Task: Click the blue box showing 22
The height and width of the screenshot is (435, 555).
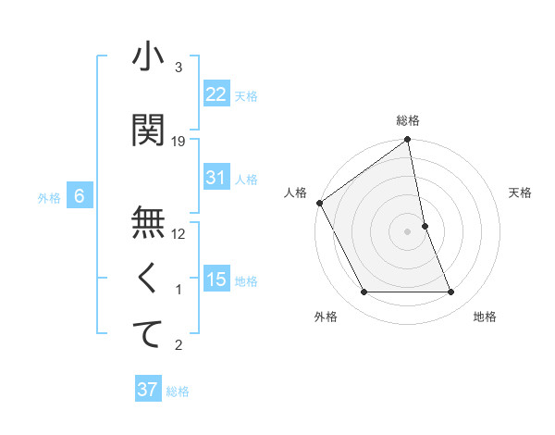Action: (x=216, y=93)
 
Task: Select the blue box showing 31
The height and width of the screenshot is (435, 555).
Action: (x=216, y=178)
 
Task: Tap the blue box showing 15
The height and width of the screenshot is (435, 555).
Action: (x=216, y=280)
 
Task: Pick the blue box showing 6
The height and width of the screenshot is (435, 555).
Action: (x=80, y=196)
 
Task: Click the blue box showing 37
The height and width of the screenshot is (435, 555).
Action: (x=147, y=390)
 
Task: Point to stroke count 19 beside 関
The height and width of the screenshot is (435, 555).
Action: (x=179, y=141)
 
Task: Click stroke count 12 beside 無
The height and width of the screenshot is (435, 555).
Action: (x=179, y=233)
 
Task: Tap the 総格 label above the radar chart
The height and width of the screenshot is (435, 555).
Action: (x=408, y=120)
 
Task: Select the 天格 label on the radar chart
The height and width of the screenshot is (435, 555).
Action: (x=520, y=193)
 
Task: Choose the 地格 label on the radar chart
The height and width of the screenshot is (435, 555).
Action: (x=485, y=317)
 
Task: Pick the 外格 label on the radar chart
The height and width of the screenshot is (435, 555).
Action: (x=326, y=317)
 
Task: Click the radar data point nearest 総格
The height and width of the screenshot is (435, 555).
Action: (x=408, y=140)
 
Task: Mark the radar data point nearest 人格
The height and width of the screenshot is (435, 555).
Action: (x=319, y=203)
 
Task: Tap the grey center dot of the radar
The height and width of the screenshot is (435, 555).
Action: (x=408, y=230)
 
